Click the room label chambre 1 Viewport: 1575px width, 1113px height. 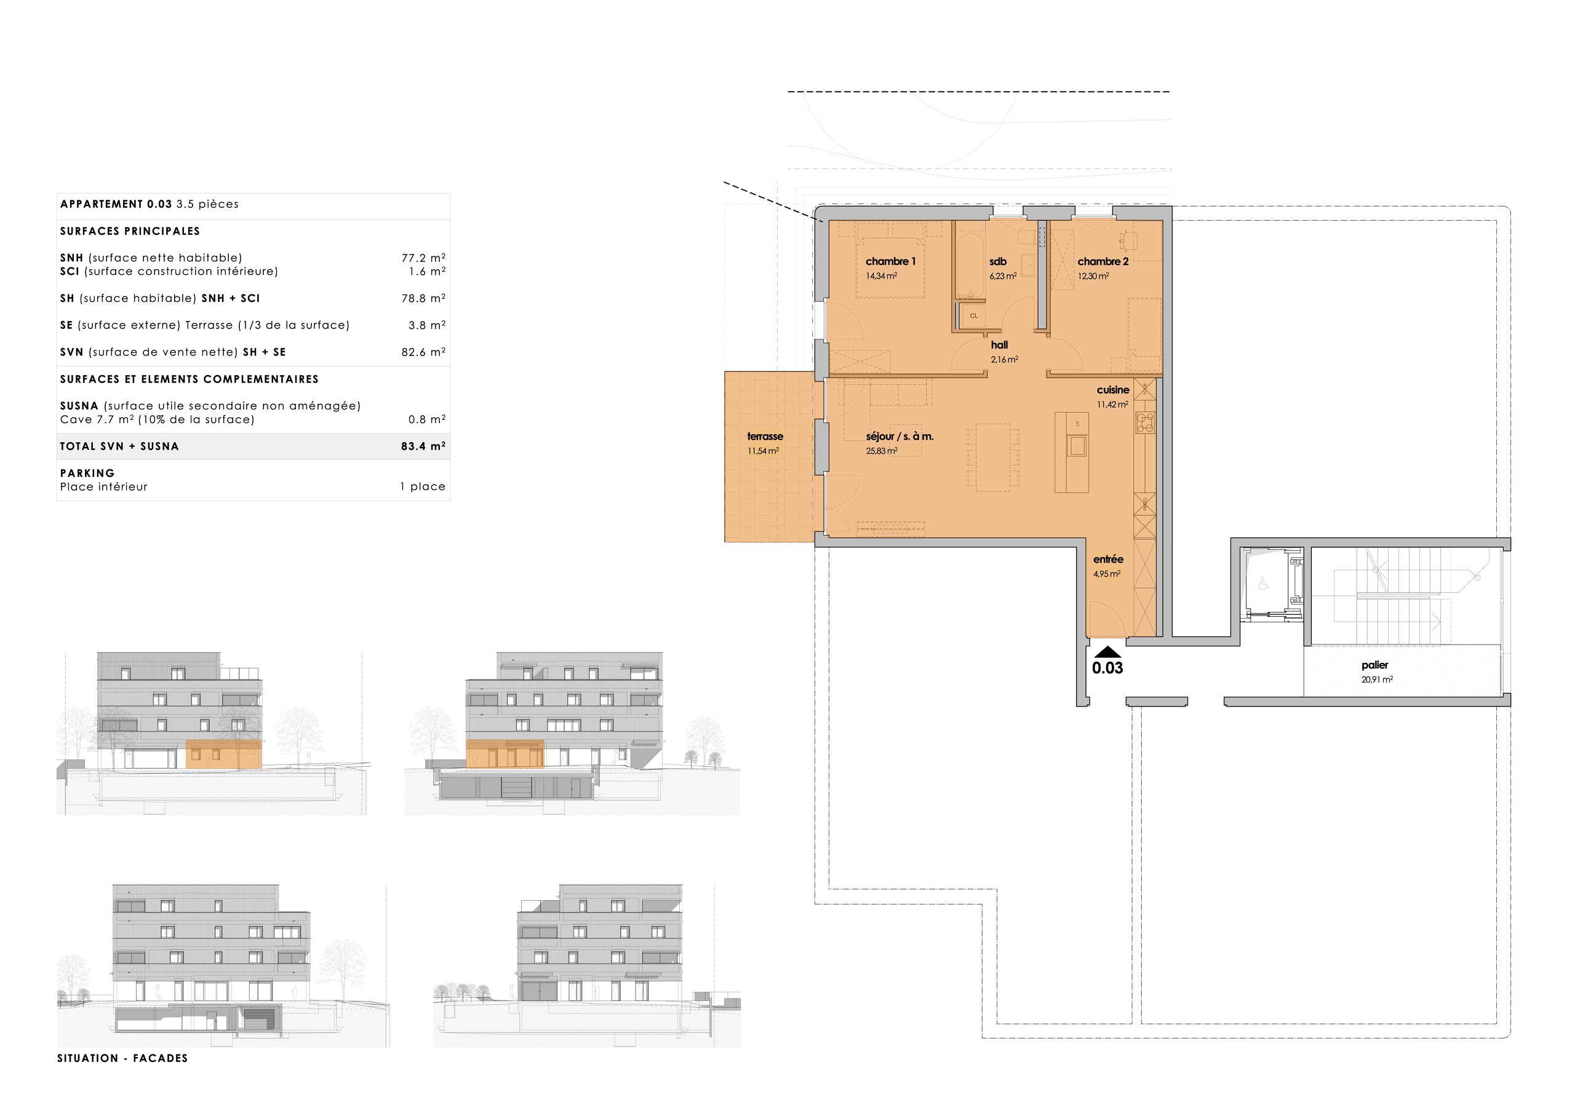(x=890, y=261)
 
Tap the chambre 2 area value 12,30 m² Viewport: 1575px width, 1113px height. (x=1093, y=276)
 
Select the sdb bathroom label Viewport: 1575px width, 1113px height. (x=997, y=261)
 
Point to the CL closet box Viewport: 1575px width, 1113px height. (x=973, y=316)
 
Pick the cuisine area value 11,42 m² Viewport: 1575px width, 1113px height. (x=1112, y=405)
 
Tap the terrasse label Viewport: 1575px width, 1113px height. (x=765, y=436)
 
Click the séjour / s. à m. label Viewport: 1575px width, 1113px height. (x=899, y=436)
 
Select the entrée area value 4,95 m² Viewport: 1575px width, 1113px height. (x=1106, y=574)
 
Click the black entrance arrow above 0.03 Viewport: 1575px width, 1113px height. (x=1107, y=652)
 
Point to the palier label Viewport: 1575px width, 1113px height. (x=1374, y=665)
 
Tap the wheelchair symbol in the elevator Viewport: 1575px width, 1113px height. (x=1264, y=584)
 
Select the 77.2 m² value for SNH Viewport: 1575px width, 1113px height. (x=423, y=258)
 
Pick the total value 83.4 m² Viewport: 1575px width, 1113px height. (x=423, y=446)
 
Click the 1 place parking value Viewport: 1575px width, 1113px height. (x=423, y=487)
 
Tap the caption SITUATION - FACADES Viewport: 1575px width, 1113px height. (x=122, y=1058)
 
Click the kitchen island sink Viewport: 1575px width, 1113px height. (x=1076, y=446)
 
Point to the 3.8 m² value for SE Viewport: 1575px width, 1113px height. (x=427, y=325)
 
